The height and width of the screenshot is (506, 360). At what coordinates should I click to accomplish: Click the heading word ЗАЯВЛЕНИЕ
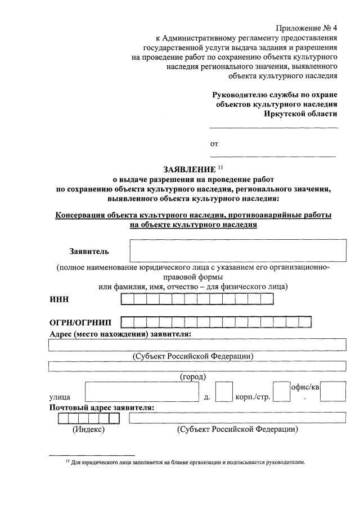(189, 169)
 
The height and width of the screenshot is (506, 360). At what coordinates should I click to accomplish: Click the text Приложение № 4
(307, 28)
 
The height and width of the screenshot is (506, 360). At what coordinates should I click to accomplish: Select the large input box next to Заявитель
(237, 250)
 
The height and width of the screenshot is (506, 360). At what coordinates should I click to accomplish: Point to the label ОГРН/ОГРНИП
(80, 323)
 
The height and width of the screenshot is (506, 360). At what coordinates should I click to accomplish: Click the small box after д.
(224, 392)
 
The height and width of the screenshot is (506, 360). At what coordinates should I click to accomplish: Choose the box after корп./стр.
(281, 392)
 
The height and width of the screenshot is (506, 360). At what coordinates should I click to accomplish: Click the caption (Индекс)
(89, 429)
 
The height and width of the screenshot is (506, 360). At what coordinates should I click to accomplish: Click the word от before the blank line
(214, 144)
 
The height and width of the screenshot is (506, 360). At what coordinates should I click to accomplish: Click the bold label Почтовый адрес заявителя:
(102, 408)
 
